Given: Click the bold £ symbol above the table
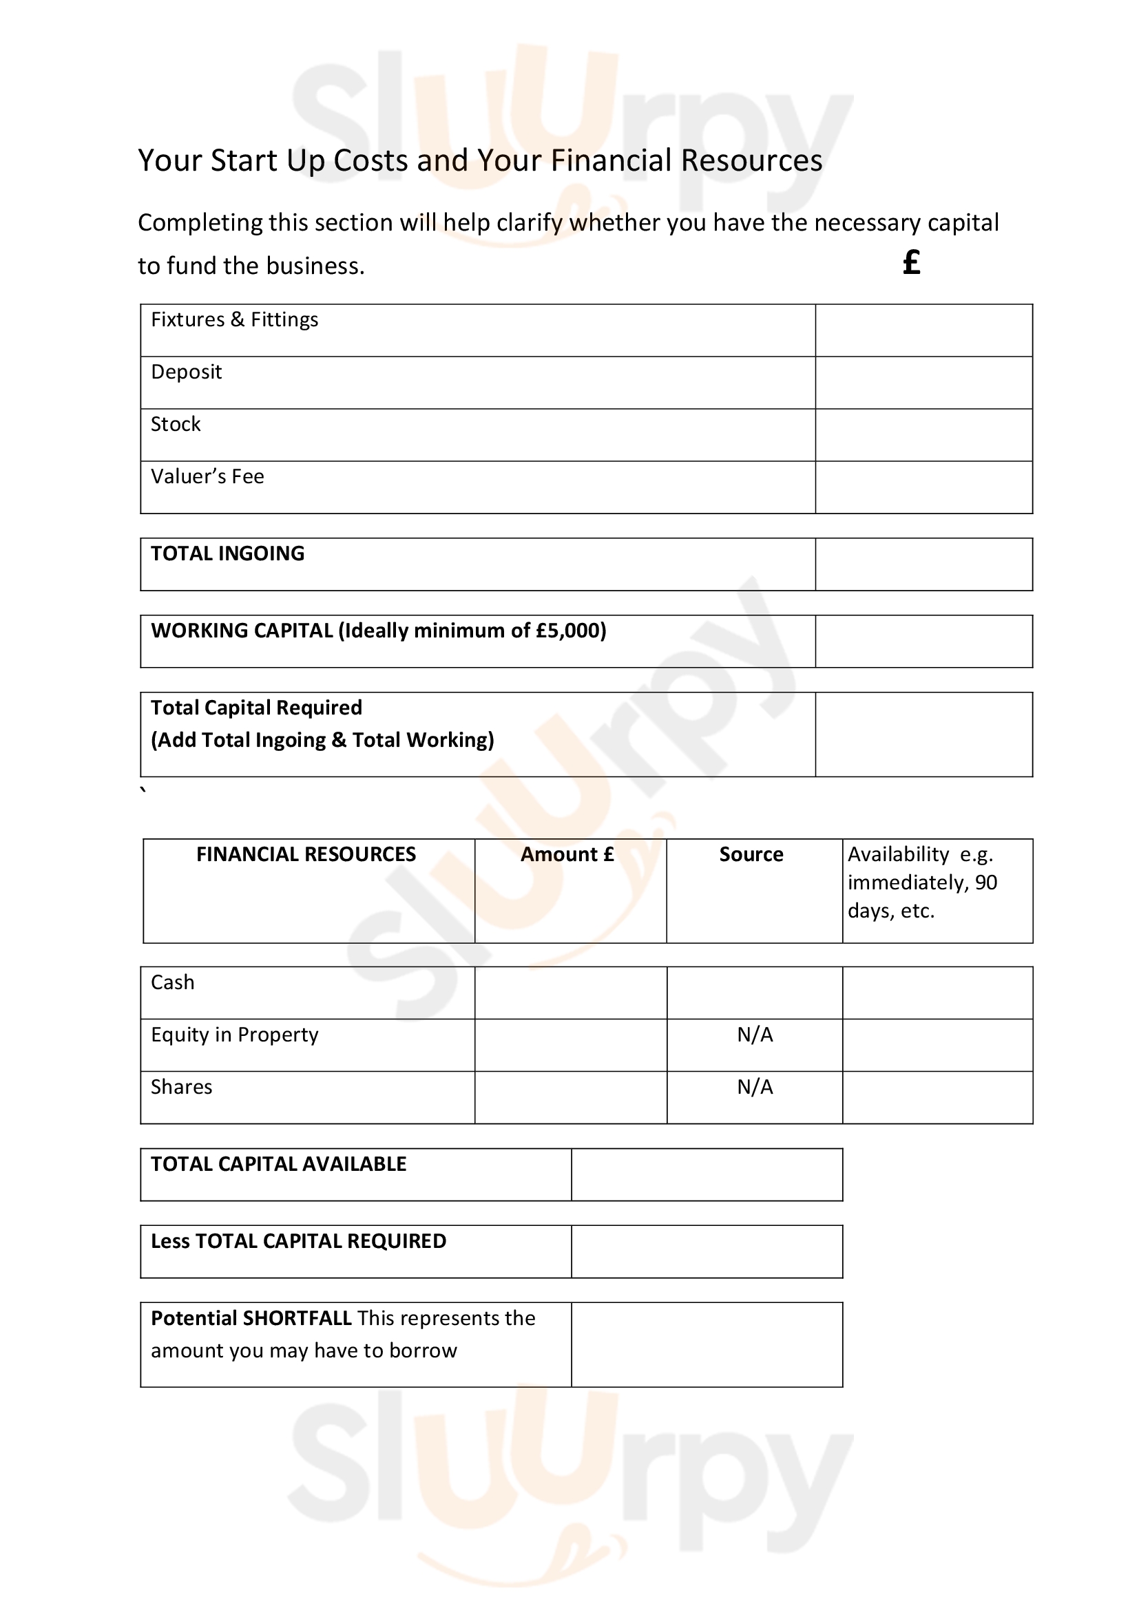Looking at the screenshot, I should coord(911,263).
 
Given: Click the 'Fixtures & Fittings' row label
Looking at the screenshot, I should coord(234,320).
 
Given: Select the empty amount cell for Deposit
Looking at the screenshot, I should coord(923,382).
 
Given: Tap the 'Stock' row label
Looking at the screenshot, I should coord(176,424).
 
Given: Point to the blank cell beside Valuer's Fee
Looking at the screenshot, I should coord(923,487).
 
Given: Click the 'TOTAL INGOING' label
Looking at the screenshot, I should coord(227,553).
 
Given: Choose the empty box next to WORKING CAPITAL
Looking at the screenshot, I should coord(923,641).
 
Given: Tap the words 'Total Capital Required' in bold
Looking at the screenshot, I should coord(256,708).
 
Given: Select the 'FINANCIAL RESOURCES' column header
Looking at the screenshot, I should coord(306,854).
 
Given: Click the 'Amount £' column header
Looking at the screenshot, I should coord(567,854).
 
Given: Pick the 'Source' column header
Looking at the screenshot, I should coord(751,854).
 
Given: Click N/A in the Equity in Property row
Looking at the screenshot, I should coord(755,1035).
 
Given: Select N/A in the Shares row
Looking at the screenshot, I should coord(755,1087).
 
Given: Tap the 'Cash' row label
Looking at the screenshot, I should coord(173,982).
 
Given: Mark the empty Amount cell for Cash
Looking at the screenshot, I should coord(570,993).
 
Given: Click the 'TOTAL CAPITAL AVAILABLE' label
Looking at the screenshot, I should coord(278,1164).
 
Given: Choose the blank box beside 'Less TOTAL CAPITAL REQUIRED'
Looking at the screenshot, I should coord(707,1251).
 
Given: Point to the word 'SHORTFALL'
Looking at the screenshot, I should coord(297,1318).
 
